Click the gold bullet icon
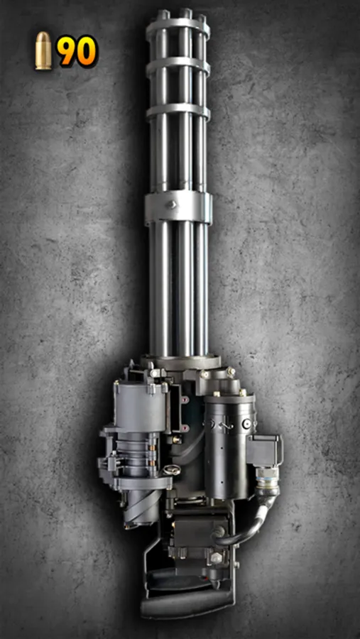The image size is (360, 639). pos(43,51)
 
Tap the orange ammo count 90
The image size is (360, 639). pos(77,51)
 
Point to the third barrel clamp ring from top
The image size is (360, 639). pos(178,111)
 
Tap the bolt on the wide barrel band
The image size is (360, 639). pos(171,204)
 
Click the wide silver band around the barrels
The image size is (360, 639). pos(178,207)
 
